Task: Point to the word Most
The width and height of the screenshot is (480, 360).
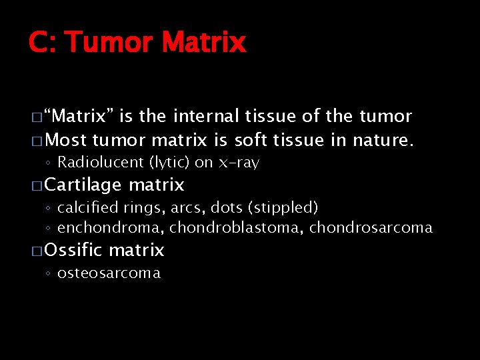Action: [67, 141]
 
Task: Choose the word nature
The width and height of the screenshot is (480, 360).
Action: [384, 141]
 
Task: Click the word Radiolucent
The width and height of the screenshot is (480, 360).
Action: [100, 163]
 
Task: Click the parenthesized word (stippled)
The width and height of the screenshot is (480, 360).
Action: [283, 208]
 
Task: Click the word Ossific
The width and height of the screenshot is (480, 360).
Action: [73, 251]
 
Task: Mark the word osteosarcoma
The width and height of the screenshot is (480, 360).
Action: [109, 273]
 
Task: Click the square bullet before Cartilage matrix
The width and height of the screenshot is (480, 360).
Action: [37, 185]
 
